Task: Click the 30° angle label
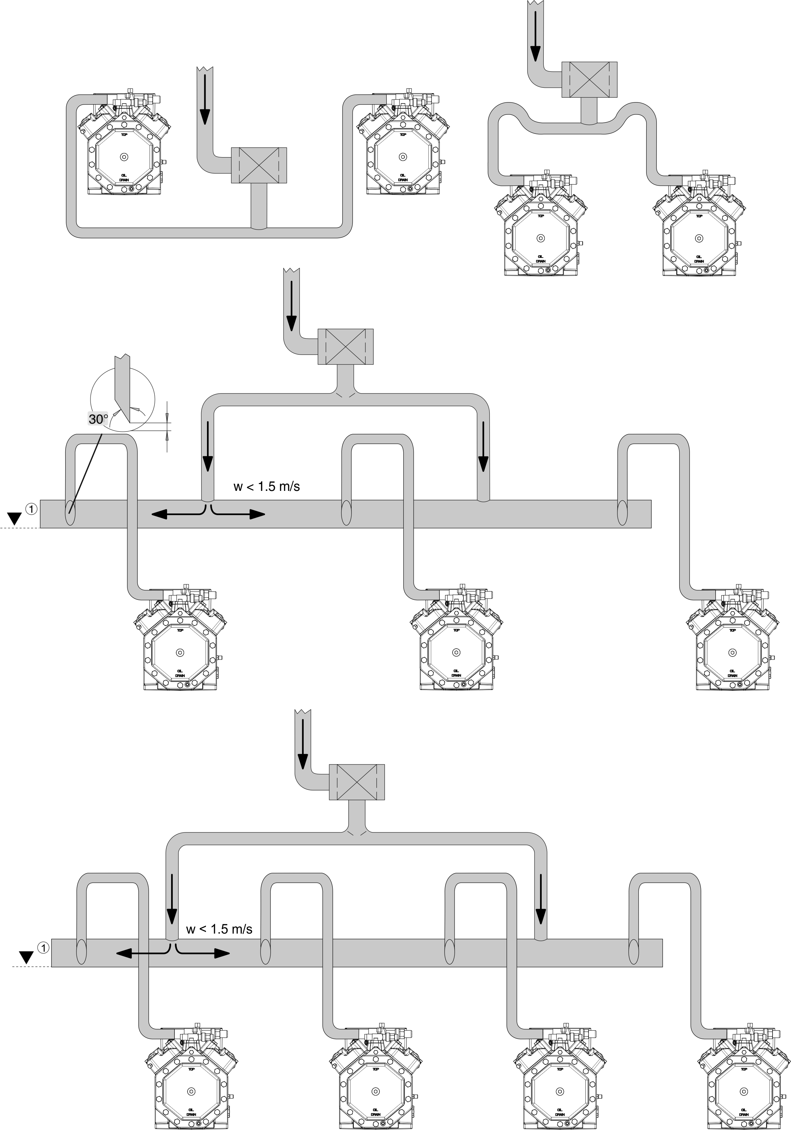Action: [98, 419]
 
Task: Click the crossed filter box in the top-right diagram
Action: [589, 80]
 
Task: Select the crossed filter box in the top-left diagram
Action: [259, 166]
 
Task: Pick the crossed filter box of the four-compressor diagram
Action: [356, 782]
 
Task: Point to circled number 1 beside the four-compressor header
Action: [43, 947]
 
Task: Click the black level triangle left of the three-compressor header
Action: [15, 518]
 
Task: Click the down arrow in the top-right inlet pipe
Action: [535, 52]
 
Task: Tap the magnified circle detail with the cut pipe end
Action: [123, 400]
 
